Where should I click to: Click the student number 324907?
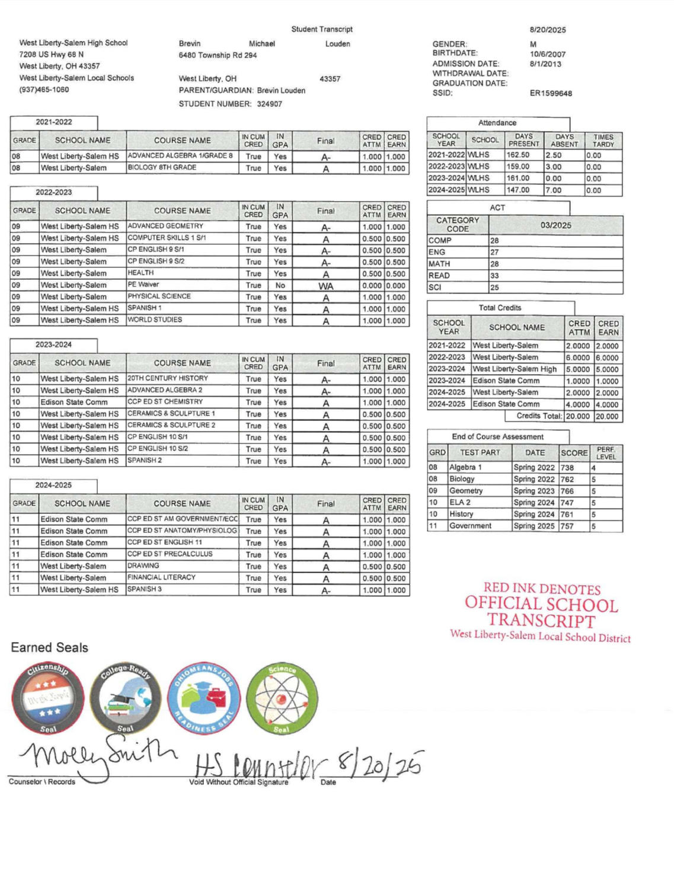[x=269, y=104]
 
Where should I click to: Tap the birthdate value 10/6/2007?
[x=547, y=54]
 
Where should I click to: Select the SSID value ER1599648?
[x=551, y=93]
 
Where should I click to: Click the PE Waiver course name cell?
[x=143, y=285]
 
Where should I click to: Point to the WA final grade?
[x=325, y=286]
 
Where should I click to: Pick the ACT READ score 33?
[x=494, y=276]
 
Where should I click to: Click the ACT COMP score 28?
[x=494, y=241]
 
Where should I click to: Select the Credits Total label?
[x=539, y=416]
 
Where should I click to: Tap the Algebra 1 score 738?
[x=567, y=468]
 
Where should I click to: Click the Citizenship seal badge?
[x=48, y=698]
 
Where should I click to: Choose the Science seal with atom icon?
[x=282, y=698]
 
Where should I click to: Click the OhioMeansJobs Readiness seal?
[x=203, y=698]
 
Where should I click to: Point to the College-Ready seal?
[x=126, y=698]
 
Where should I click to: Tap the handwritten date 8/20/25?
[x=380, y=765]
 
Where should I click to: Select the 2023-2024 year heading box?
[x=53, y=344]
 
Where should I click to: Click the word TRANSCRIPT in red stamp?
[x=541, y=621]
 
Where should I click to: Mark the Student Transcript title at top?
[x=322, y=29]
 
